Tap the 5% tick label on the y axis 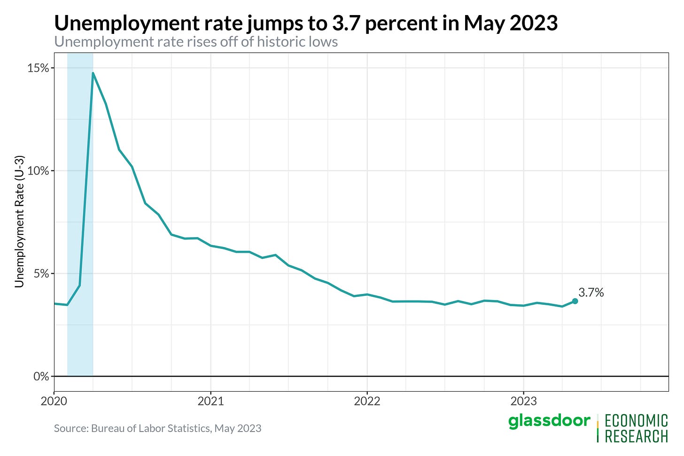(41, 274)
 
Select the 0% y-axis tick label (41, 377)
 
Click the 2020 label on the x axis (54, 401)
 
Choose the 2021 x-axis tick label (210, 401)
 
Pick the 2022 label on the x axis (367, 401)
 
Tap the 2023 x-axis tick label (523, 401)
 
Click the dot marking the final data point (575, 301)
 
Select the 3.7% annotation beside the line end (591, 293)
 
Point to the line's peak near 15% (93, 73)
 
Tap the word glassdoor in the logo (549, 421)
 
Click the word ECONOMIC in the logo (636, 421)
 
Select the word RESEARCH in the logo (636, 436)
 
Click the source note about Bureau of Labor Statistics (157, 428)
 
